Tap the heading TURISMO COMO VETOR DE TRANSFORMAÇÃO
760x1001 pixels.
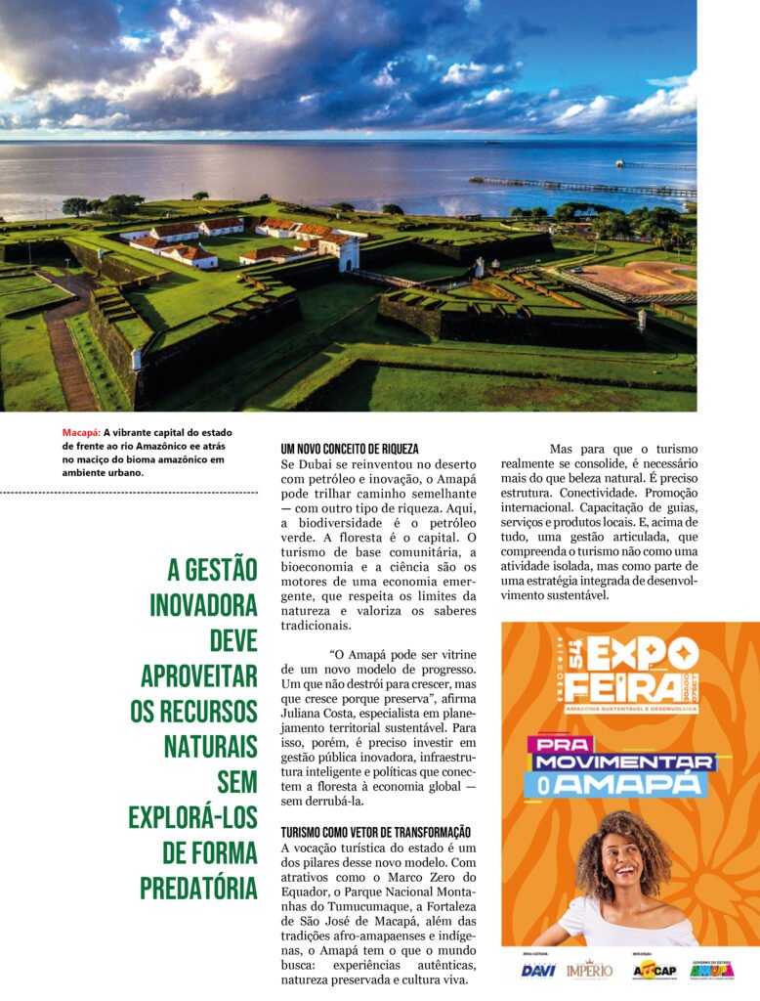click(x=375, y=832)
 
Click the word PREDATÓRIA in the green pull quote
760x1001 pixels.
click(x=198, y=888)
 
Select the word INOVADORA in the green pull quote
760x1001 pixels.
click(x=203, y=605)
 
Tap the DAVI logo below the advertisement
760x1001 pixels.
click(x=538, y=970)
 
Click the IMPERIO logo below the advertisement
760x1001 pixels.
click(x=589, y=969)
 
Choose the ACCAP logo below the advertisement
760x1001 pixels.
click(x=654, y=970)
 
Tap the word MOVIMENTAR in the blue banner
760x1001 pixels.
click(x=623, y=762)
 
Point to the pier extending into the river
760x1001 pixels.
click(x=576, y=186)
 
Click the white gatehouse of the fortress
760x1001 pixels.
click(x=347, y=253)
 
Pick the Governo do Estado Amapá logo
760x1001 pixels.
click(x=711, y=970)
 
